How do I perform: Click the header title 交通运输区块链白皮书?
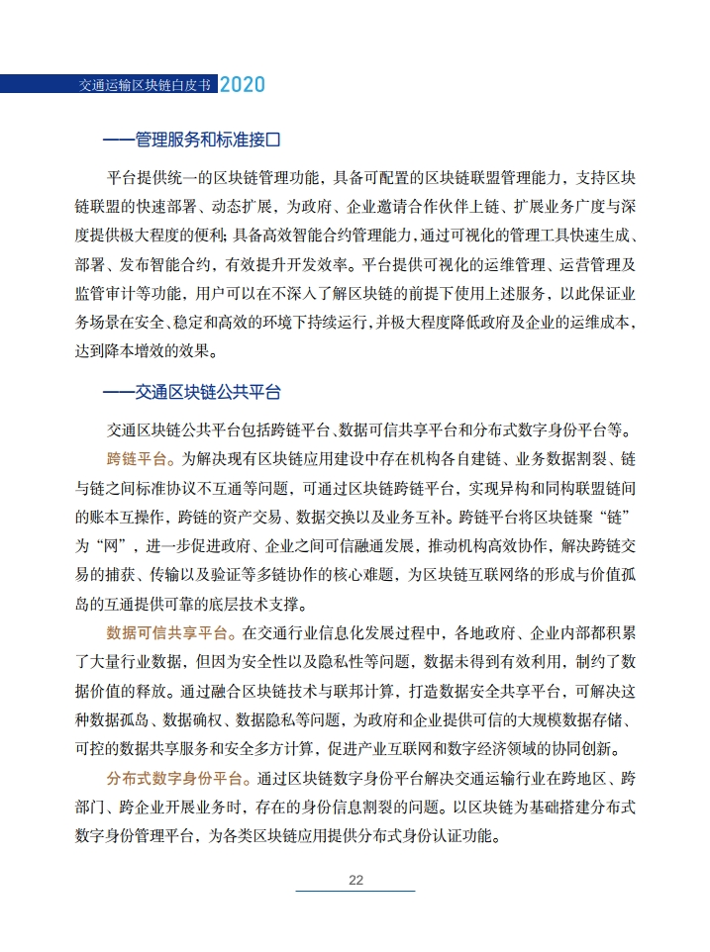tap(146, 84)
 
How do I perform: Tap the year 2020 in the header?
tap(242, 84)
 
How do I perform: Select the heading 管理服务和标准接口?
tap(207, 141)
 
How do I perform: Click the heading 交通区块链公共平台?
tap(207, 392)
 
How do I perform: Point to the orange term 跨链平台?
tap(139, 459)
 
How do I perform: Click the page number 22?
tap(355, 880)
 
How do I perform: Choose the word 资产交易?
tap(267, 517)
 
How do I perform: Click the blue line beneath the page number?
tap(355, 892)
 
